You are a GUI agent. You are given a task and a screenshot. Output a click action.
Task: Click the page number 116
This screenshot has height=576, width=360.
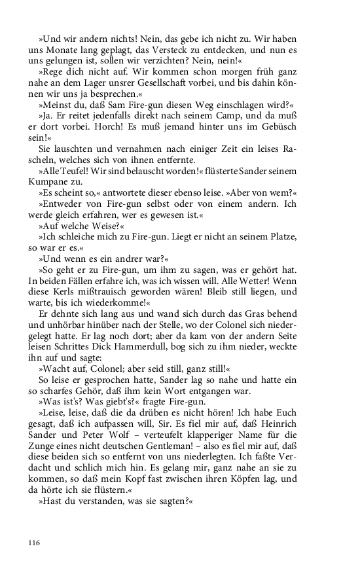pos(34,543)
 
